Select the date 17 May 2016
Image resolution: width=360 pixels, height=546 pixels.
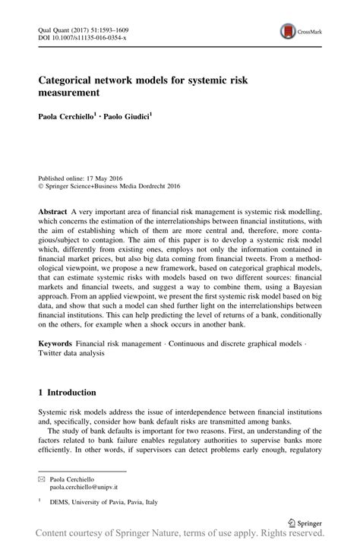108,174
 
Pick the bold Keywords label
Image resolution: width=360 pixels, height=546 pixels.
55,344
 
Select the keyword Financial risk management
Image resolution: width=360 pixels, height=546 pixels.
123,344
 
